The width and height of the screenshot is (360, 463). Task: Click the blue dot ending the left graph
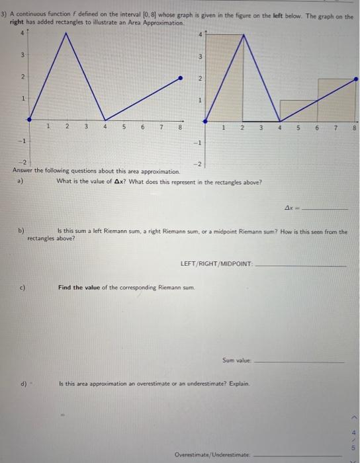click(x=183, y=78)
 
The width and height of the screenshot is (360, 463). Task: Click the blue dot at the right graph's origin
click(x=204, y=120)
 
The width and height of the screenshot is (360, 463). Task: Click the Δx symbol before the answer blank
click(x=289, y=207)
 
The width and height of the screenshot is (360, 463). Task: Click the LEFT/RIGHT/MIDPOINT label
click(x=216, y=263)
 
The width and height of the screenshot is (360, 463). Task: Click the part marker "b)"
click(x=21, y=231)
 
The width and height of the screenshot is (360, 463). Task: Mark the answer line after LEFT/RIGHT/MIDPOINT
click(x=300, y=265)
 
